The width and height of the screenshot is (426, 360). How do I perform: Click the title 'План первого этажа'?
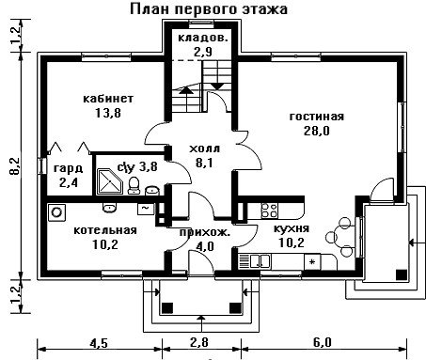[209, 9]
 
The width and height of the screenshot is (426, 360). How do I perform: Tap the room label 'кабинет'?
[108, 99]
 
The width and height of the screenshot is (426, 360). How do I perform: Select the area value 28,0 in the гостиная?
[317, 131]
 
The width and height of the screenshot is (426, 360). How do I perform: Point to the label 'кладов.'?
[203, 38]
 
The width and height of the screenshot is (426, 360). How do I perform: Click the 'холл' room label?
[204, 149]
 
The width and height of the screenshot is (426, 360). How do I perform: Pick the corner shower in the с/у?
[109, 181]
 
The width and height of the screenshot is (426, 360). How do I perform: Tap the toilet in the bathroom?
[134, 185]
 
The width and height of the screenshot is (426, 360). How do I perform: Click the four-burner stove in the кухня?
[270, 211]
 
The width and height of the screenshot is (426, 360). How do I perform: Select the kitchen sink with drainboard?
[254, 261]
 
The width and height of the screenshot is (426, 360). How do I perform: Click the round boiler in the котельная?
[56, 212]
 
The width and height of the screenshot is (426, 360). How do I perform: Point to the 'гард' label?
[69, 168]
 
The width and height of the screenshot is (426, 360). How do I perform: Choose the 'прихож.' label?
[205, 232]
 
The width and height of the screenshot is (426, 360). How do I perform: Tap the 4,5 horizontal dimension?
[99, 343]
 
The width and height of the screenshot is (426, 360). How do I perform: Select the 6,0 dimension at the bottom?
[322, 342]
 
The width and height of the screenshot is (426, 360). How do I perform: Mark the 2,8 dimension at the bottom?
[199, 342]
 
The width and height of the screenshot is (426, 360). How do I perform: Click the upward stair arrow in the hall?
[186, 90]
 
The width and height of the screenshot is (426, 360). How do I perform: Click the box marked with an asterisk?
[312, 262]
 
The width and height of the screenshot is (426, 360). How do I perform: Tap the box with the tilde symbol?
[146, 209]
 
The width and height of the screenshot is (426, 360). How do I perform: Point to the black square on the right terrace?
[402, 274]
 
